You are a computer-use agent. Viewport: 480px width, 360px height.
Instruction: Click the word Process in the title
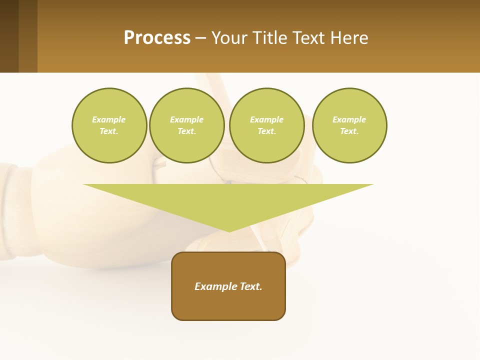[157, 38]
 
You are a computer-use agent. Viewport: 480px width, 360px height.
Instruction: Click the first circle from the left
[109, 125]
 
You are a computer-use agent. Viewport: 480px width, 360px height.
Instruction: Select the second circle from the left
[187, 125]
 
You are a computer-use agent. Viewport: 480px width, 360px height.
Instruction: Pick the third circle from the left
[267, 125]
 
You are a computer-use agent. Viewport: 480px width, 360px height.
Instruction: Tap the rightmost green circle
[349, 125]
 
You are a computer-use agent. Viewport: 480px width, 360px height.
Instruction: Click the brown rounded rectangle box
[228, 286]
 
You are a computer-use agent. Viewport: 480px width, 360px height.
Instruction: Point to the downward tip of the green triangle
[229, 231]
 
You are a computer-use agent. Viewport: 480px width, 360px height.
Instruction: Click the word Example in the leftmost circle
[109, 119]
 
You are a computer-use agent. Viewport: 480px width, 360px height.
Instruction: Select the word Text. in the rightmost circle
[349, 131]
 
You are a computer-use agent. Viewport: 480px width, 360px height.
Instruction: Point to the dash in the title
[201, 38]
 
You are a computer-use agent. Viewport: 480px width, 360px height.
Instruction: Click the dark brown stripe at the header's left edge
[9, 36]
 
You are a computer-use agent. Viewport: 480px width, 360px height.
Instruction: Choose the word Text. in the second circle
[187, 131]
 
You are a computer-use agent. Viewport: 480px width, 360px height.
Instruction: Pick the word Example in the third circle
[267, 119]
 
